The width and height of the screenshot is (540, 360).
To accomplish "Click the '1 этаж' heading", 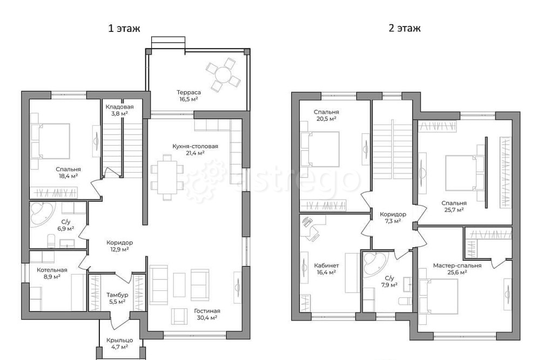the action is click(124, 28).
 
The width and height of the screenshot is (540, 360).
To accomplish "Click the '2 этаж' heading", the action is click(404, 28).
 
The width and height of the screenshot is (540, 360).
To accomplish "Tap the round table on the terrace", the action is click(223, 74).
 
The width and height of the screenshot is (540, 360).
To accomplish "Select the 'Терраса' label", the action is click(188, 92).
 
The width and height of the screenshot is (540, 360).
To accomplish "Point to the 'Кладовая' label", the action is click(119, 107).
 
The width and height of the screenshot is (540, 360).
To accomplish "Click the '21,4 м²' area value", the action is click(195, 153).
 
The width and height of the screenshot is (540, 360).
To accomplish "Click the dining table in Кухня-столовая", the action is click(167, 177).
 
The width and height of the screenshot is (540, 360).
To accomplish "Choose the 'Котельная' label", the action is click(52, 270).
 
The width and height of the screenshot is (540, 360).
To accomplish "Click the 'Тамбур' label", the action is click(117, 295).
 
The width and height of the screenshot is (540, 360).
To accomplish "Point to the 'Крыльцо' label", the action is click(119, 340).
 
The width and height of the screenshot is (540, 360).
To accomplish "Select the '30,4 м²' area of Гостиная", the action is click(207, 318).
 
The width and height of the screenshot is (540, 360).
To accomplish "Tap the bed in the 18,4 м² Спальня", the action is click(50, 141).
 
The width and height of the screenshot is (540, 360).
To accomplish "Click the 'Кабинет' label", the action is click(327, 266).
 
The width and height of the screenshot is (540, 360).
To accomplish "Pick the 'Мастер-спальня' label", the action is click(457, 266).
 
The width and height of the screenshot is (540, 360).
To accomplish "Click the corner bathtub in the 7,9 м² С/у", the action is click(376, 263).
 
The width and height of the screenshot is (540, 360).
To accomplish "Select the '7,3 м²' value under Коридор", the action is click(393, 221).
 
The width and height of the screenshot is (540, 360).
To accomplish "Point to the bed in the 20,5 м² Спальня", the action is click(320, 150).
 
